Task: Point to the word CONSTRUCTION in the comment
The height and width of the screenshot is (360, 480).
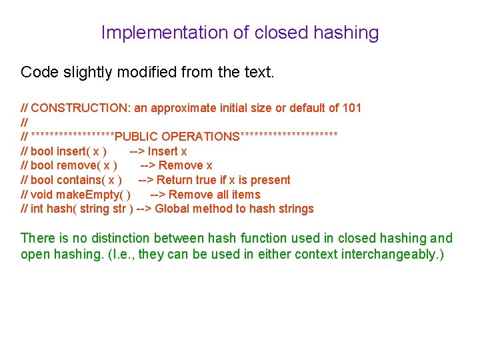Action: [x=74, y=108]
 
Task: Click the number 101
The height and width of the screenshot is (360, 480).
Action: [x=351, y=108]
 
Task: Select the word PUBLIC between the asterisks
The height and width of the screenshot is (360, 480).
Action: [x=136, y=137]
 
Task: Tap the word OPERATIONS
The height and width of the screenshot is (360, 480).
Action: [x=200, y=137]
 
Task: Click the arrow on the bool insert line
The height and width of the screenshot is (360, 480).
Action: [x=137, y=151]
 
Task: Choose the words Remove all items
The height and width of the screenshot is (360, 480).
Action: [x=215, y=195]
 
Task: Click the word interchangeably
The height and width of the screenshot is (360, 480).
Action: [x=387, y=254]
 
